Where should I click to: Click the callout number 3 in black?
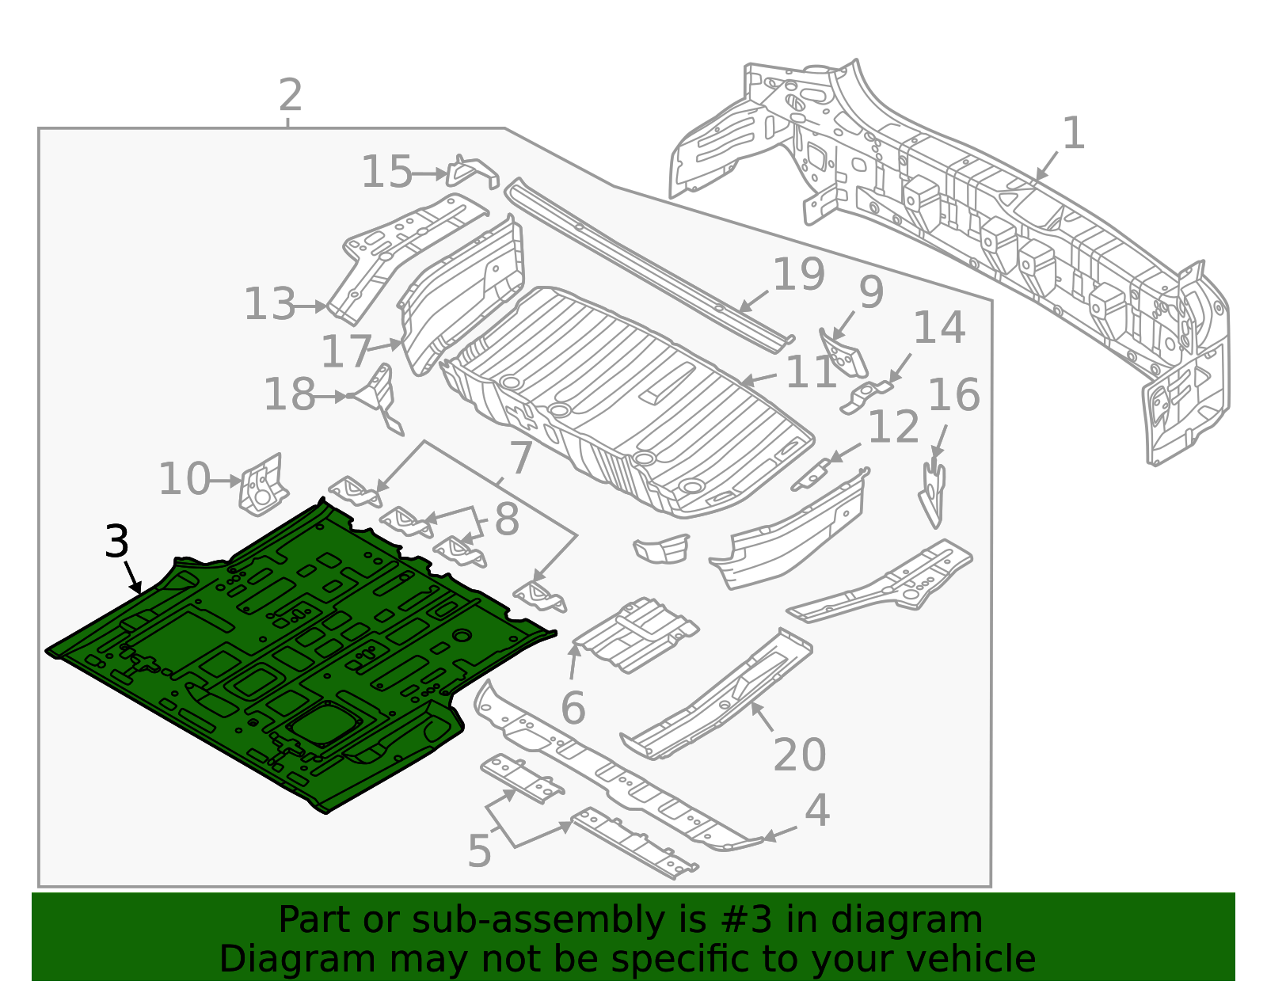[116, 542]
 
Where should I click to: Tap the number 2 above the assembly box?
[291, 96]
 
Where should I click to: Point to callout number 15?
[386, 172]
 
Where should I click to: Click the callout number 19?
[798, 275]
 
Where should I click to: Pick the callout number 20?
[799, 755]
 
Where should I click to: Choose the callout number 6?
[573, 708]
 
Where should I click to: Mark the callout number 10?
[184, 480]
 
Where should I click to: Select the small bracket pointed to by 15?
[472, 171]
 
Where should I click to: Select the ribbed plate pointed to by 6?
[636, 635]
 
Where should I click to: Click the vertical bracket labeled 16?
[934, 493]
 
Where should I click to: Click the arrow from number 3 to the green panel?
[132, 576]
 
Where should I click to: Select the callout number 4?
[816, 811]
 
